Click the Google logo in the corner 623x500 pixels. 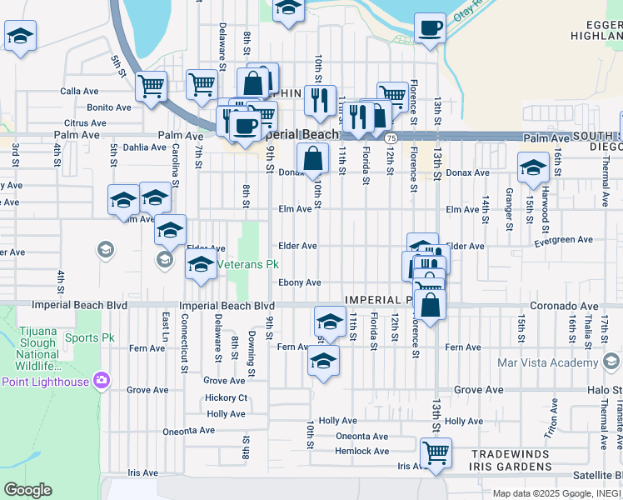(x=27, y=490)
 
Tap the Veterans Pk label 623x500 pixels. (x=247, y=265)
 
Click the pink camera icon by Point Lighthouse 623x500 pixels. (x=102, y=381)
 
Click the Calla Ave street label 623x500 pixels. (x=79, y=92)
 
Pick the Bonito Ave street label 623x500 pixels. (x=109, y=107)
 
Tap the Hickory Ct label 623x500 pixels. (x=226, y=398)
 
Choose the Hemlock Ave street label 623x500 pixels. (x=361, y=451)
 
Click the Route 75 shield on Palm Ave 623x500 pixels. (x=391, y=136)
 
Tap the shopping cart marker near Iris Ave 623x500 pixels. (x=436, y=453)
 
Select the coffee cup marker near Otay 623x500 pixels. (x=431, y=28)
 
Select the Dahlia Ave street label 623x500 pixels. (x=143, y=147)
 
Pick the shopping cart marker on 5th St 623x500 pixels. (x=151, y=86)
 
